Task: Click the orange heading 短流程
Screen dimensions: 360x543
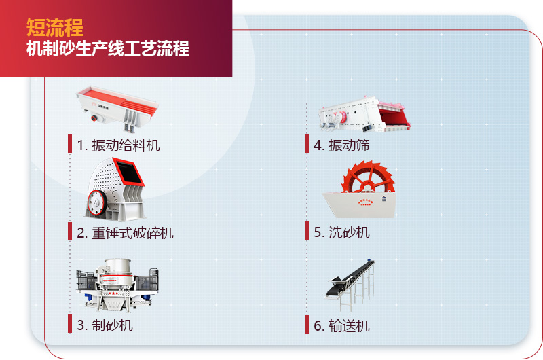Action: pos(55,27)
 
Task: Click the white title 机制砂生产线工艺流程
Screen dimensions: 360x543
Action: pos(107,49)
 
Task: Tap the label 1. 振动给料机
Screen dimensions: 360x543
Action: pos(119,145)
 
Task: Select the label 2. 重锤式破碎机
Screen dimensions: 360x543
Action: pos(125,233)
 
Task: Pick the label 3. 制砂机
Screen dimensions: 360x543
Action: pos(105,325)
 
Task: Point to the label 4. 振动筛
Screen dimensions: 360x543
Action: pos(341,145)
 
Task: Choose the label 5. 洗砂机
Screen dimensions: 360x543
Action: pos(341,232)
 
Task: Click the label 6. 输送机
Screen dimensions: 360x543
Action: pos(341,325)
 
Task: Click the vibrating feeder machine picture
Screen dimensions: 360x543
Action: pos(117,106)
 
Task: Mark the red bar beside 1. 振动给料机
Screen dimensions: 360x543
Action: pos(70,144)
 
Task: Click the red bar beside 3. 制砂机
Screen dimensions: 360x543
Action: pos(70,324)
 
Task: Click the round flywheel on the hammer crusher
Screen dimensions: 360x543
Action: pos(96,202)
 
